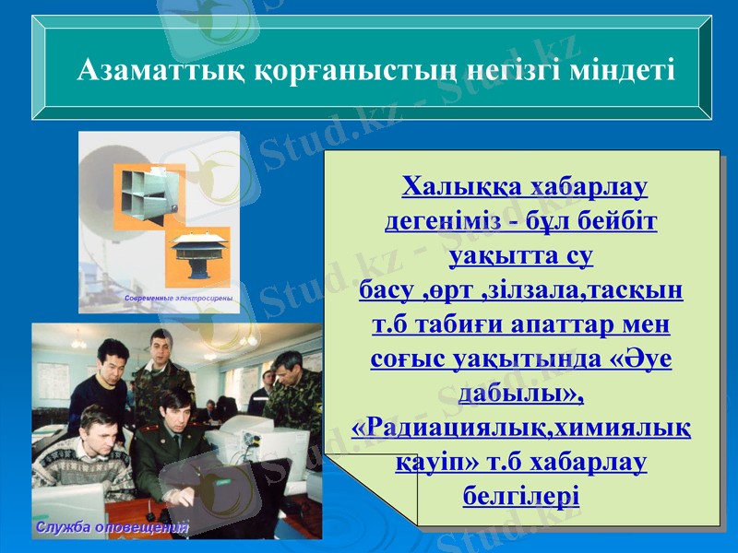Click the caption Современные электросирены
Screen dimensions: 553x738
pos(176,299)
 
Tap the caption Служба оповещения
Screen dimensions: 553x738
pos(112,527)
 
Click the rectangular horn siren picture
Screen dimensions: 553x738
pos(148,194)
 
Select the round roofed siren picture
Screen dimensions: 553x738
pos(198,255)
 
